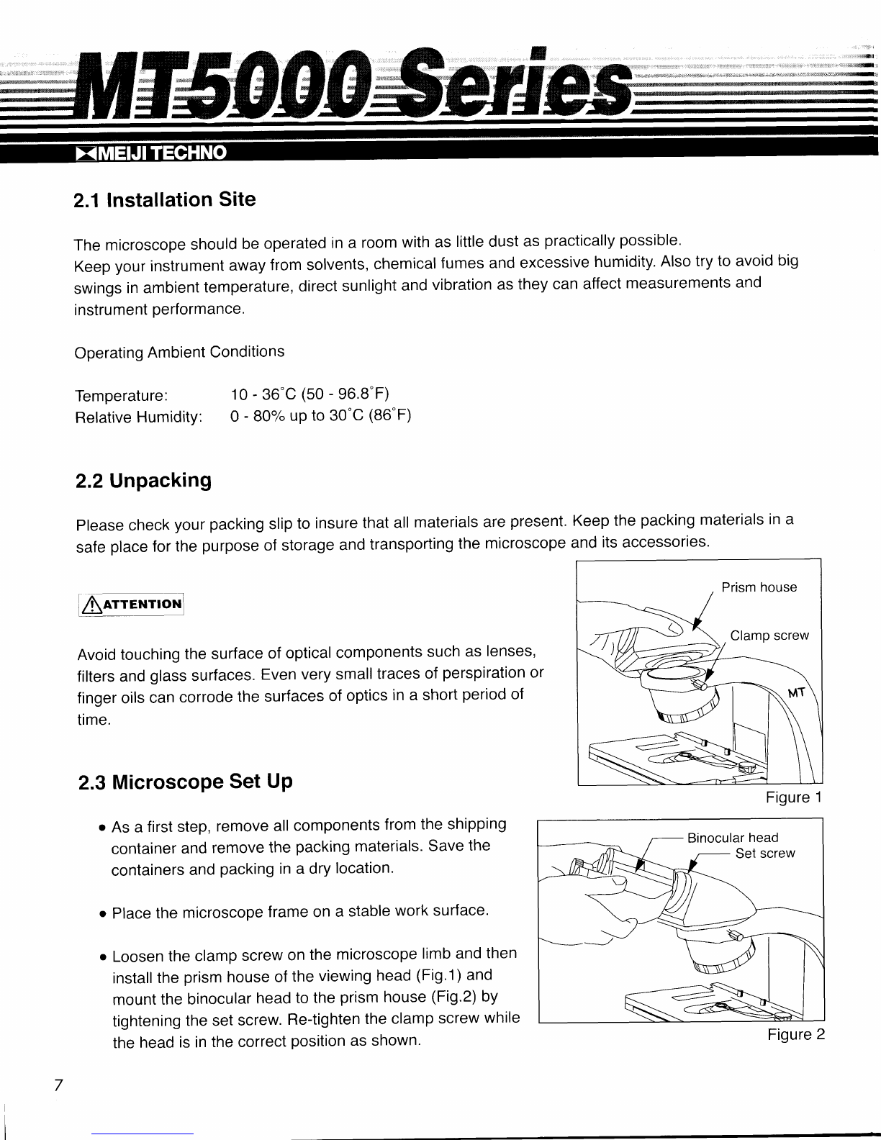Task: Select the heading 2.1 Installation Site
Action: [x=165, y=200]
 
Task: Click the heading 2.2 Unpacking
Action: [x=143, y=480]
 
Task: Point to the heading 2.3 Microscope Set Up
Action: [x=185, y=782]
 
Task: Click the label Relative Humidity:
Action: [x=138, y=418]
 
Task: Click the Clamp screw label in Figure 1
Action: [x=769, y=635]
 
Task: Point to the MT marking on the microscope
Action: [x=796, y=695]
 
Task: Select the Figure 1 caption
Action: [x=793, y=798]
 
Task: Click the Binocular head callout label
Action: [x=732, y=838]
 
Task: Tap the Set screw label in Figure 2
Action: [x=764, y=854]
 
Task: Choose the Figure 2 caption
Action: [x=795, y=1035]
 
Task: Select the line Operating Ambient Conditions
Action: [x=179, y=353]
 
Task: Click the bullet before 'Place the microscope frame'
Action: [x=104, y=914]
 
